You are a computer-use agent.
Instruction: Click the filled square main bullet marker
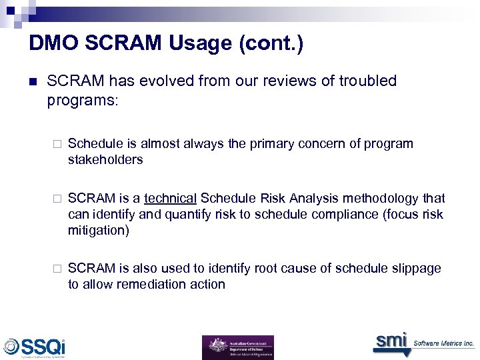click(x=33, y=81)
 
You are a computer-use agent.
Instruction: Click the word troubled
click(x=367, y=81)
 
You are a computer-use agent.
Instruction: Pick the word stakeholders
click(x=105, y=160)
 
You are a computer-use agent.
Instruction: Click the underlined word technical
click(x=170, y=199)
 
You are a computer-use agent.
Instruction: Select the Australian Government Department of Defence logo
click(x=237, y=347)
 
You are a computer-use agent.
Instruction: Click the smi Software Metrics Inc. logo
click(x=423, y=342)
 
